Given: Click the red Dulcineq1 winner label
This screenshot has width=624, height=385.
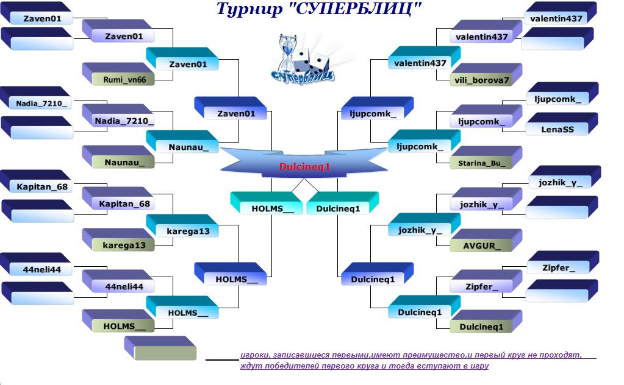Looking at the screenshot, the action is pyautogui.click(x=304, y=167).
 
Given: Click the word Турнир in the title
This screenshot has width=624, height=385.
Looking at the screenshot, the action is pyautogui.click(x=249, y=9).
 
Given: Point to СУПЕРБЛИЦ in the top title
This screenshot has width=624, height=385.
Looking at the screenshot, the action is pyautogui.click(x=353, y=9).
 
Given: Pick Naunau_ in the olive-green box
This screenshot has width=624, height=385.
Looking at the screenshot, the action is pyautogui.click(x=124, y=163).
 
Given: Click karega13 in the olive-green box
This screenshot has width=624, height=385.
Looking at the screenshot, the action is pyautogui.click(x=124, y=245).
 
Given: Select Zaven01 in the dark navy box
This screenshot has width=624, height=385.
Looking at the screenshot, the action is pyautogui.click(x=42, y=19).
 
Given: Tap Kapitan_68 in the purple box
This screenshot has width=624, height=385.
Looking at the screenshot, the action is pyautogui.click(x=124, y=204).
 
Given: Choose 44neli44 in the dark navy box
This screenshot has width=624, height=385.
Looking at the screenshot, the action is pyautogui.click(x=42, y=270).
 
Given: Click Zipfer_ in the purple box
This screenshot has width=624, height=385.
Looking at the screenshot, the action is pyautogui.click(x=482, y=287).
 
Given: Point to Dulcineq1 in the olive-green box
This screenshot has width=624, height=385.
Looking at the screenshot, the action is pyautogui.click(x=481, y=327).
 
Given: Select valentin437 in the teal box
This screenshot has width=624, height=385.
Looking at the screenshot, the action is pyautogui.click(x=420, y=63).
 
